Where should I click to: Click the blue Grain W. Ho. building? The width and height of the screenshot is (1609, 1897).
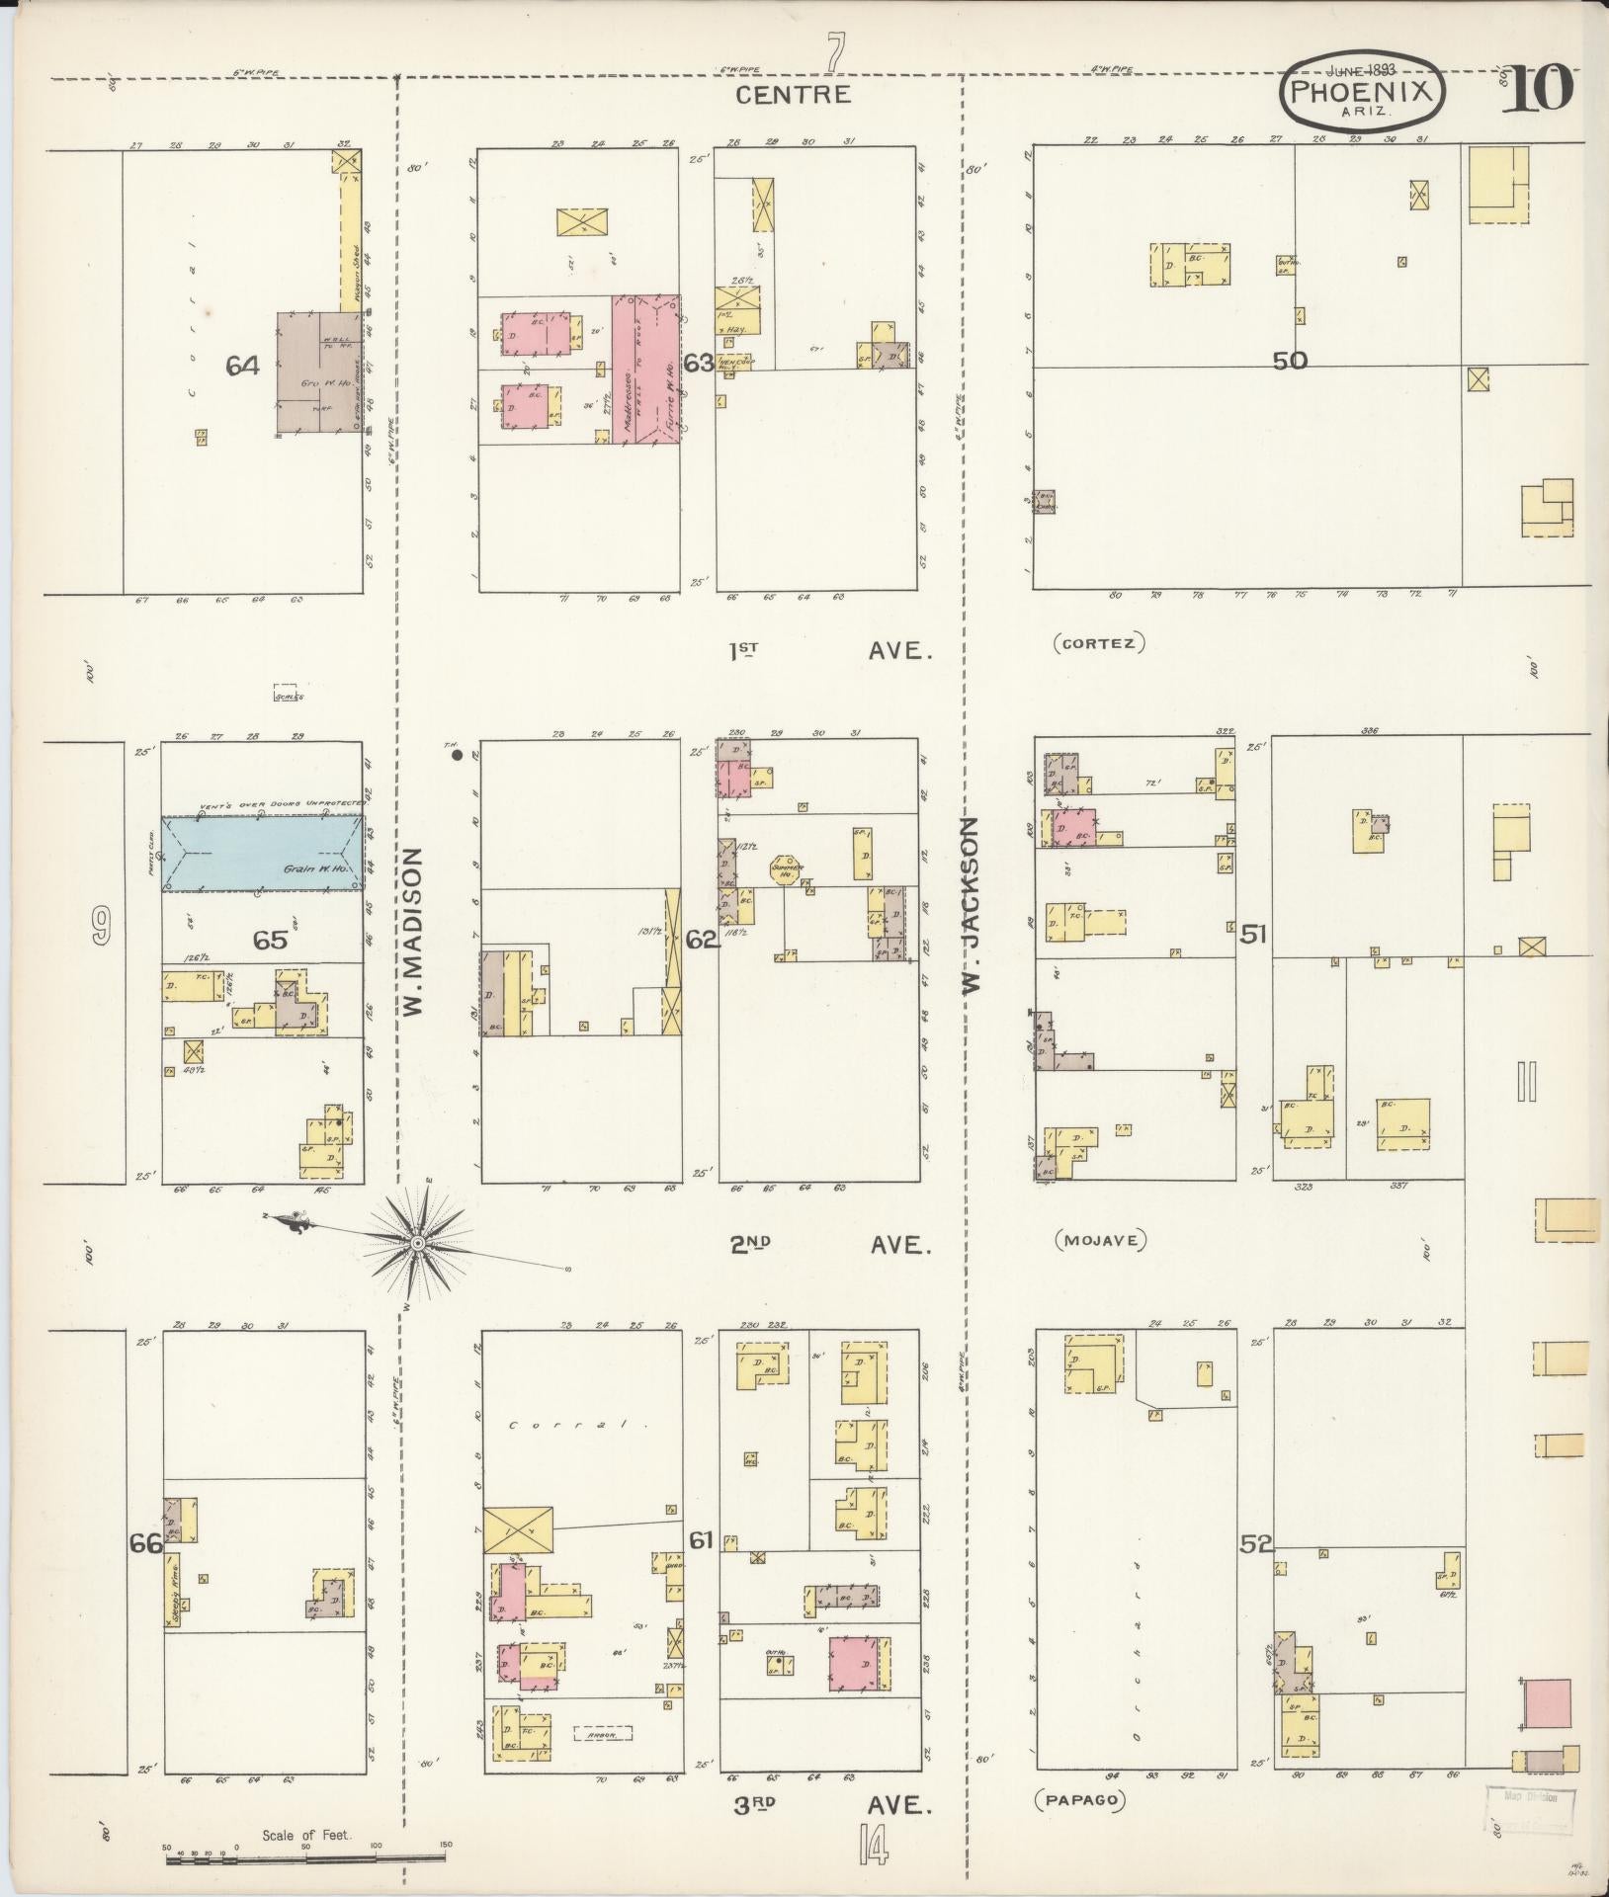pyautogui.click(x=262, y=855)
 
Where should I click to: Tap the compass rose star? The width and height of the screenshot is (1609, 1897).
pyautogui.click(x=418, y=1242)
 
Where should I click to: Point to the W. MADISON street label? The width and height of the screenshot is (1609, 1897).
pyautogui.click(x=412, y=931)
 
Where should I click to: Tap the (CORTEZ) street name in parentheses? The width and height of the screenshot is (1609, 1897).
pyautogui.click(x=1099, y=644)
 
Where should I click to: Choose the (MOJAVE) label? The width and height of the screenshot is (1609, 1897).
pyautogui.click(x=1100, y=1241)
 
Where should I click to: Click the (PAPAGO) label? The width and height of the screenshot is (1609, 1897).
pyautogui.click(x=1080, y=1799)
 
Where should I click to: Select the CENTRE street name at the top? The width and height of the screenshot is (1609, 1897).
pyautogui.click(x=794, y=94)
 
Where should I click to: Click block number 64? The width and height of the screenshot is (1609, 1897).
pyautogui.click(x=242, y=366)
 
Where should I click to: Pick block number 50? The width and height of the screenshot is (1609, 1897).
pyautogui.click(x=1290, y=362)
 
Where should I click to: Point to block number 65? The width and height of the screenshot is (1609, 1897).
pyautogui.click(x=270, y=940)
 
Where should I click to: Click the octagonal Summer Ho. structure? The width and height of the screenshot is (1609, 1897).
pyautogui.click(x=788, y=870)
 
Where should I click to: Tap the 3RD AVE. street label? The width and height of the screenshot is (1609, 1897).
pyautogui.click(x=831, y=1806)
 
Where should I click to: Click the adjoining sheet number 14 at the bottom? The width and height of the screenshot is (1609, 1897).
pyautogui.click(x=873, y=1845)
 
